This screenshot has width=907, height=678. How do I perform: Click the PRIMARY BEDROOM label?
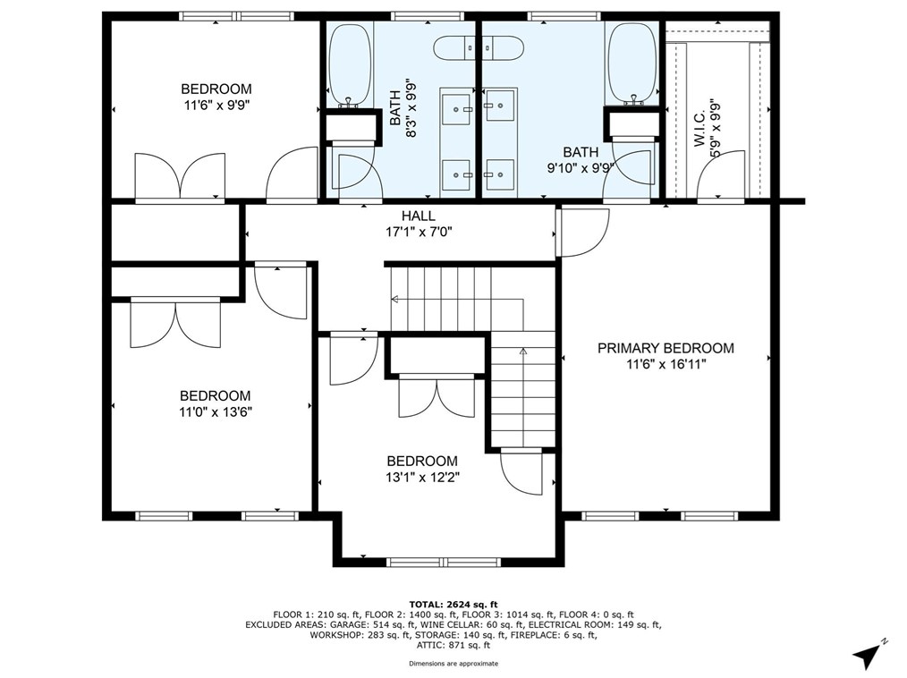665,348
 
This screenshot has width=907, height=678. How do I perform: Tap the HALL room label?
419,216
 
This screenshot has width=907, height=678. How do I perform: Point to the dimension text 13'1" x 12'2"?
422,478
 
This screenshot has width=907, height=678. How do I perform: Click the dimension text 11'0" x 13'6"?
216,411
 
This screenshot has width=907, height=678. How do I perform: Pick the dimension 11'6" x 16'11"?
666,364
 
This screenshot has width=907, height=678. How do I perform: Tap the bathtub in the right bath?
633,64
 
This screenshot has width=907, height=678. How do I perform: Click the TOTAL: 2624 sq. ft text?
453,605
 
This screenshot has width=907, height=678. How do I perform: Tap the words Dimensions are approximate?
453,664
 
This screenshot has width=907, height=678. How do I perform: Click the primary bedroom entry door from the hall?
582,233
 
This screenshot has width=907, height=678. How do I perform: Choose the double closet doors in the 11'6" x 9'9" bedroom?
179,176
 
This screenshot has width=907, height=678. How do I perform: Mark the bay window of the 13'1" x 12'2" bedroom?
443,562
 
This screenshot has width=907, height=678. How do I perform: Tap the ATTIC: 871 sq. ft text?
453,645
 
